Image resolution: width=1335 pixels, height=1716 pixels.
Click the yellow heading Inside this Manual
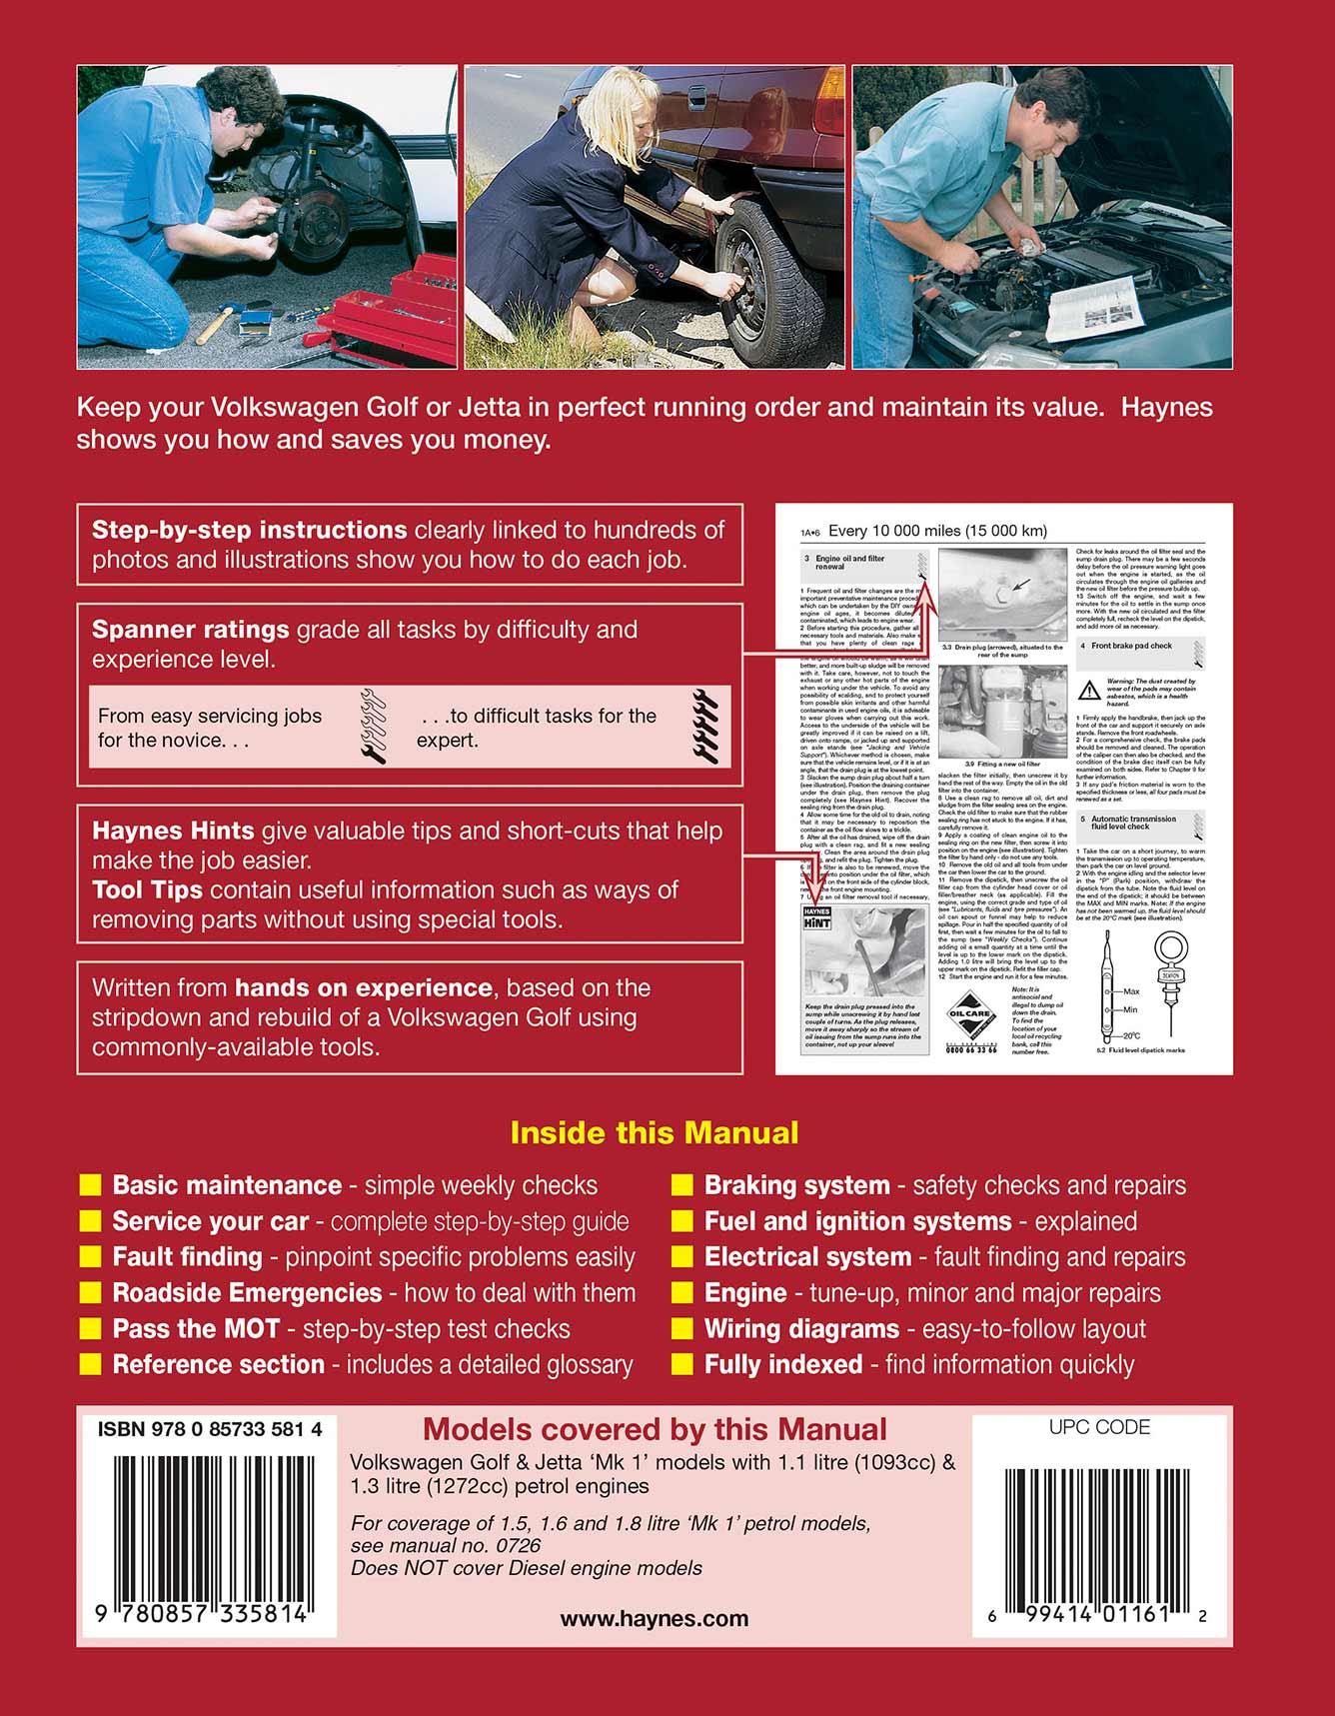(x=654, y=1132)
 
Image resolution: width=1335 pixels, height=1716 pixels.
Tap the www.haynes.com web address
(x=654, y=1619)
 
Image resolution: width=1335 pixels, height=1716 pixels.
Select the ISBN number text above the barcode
(x=210, y=1429)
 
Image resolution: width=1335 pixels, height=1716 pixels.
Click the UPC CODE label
(x=1099, y=1427)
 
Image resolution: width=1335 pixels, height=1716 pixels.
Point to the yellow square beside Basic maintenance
(x=90, y=1185)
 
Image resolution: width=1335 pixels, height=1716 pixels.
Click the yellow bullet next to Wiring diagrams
(x=682, y=1329)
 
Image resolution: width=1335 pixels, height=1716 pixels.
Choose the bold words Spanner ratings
(x=190, y=630)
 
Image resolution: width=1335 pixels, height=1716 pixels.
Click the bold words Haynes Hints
(x=173, y=831)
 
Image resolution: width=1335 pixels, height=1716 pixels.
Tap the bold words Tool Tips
(x=147, y=889)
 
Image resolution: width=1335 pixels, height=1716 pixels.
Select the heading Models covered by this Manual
(x=655, y=1429)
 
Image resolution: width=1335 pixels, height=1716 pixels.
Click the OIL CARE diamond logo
(x=968, y=1014)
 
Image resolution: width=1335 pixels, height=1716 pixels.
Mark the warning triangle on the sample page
(x=1089, y=690)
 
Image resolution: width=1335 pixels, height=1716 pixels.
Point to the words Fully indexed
(x=782, y=1364)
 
